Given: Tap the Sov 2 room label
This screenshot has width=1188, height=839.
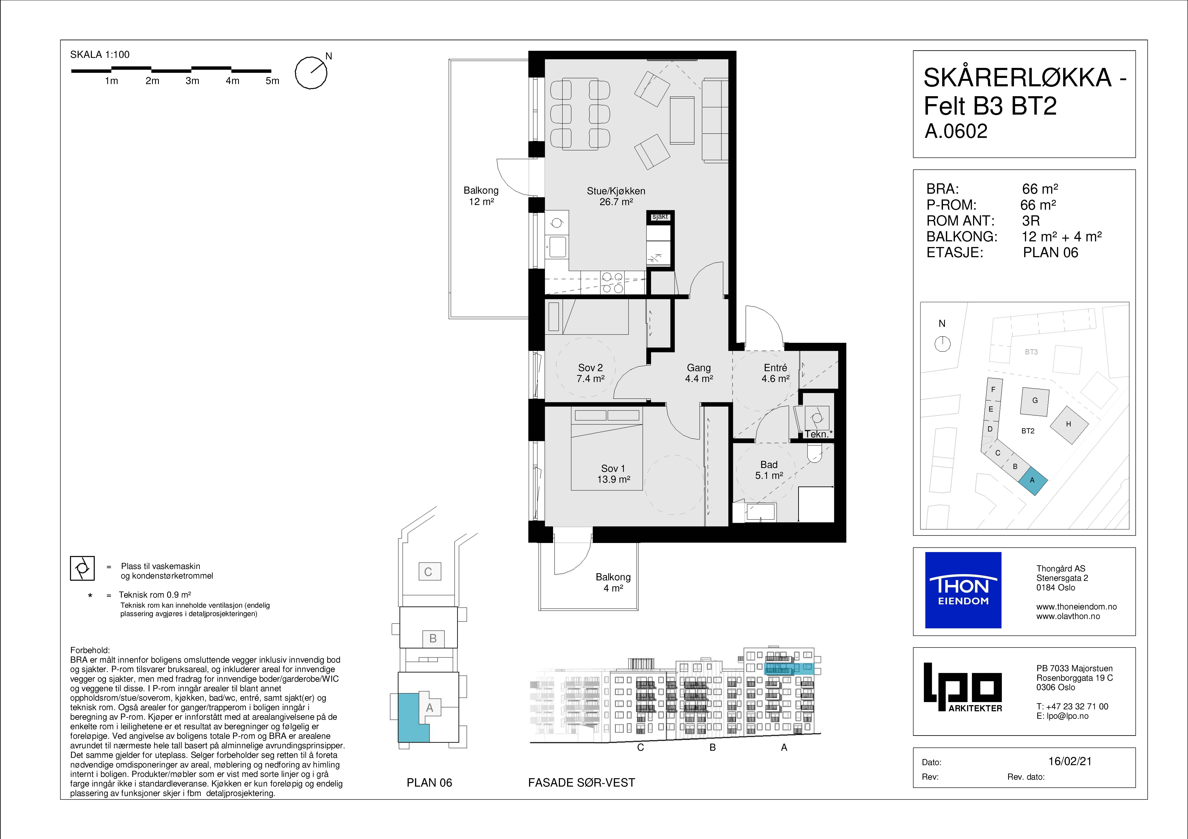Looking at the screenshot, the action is point(590,373).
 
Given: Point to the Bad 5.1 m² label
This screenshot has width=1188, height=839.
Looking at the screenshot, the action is point(769,470).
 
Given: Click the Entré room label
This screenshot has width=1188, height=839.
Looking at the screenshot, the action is point(776,373).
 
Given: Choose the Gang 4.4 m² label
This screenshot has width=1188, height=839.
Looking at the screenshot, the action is point(699,373).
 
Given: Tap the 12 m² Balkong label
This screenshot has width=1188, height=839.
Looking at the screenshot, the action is point(481,196).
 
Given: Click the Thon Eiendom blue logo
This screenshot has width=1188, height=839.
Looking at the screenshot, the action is point(963,590).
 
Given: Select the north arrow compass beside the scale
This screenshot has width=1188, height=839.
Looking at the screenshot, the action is point(312,72).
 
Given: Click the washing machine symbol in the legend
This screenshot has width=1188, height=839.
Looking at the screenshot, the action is point(82,569).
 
